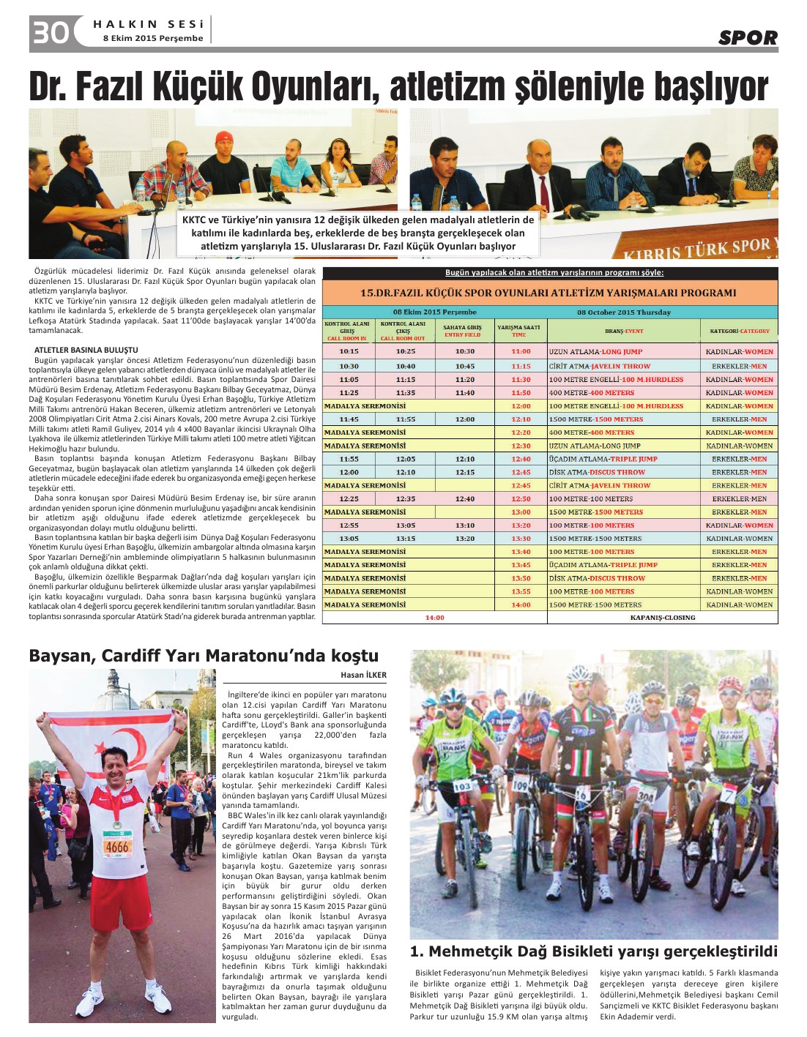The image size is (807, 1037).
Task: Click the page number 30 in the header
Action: click(50, 33)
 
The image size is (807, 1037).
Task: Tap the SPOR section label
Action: click(747, 37)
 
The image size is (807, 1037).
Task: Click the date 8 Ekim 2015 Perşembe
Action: click(153, 39)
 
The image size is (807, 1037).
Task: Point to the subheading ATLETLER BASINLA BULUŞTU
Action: click(86, 350)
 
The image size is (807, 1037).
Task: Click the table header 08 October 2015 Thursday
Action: click(623, 312)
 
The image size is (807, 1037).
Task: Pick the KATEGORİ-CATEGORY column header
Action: click(739, 331)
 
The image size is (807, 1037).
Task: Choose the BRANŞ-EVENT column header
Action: click(623, 331)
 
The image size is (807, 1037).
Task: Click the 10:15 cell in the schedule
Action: click(349, 351)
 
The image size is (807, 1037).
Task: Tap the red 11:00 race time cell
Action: click(521, 351)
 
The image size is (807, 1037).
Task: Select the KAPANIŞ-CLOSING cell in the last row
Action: click(662, 618)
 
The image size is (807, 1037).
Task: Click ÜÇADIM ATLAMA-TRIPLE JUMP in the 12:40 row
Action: click(603, 459)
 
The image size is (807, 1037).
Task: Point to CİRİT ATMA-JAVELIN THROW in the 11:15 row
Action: click(599, 366)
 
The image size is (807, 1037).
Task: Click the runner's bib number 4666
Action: click(117, 847)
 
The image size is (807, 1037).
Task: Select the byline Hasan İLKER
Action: click(363, 675)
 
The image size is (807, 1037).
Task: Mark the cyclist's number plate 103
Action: click(462, 786)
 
